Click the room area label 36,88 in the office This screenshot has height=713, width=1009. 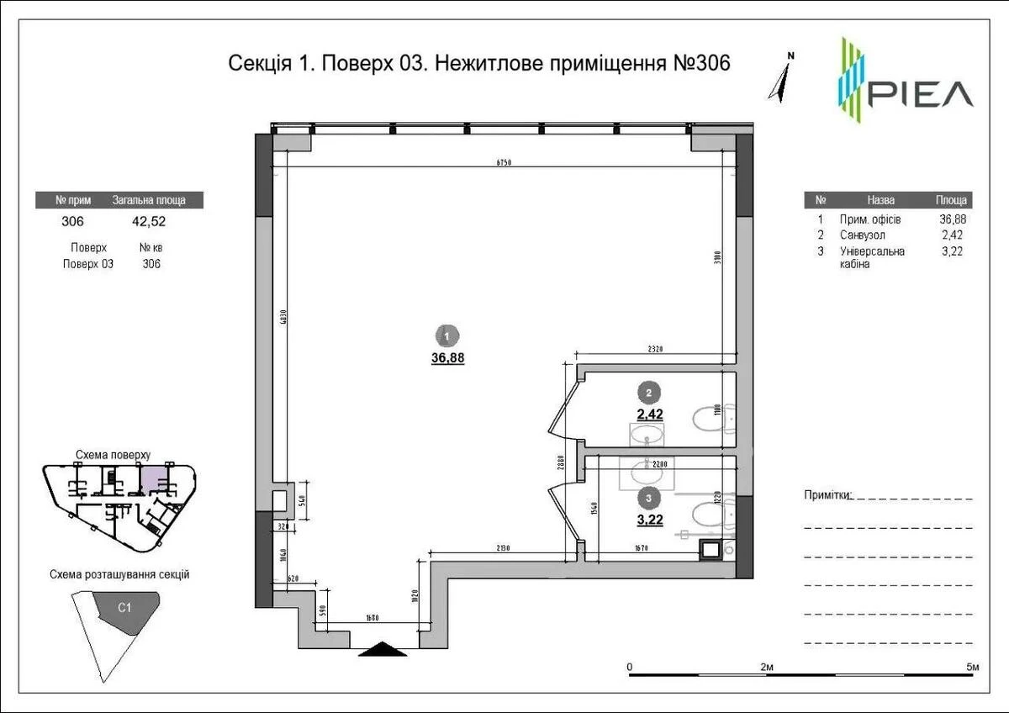[x=447, y=356]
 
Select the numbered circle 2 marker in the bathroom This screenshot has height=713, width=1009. [x=648, y=391]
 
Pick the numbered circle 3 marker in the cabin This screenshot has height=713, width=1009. [x=648, y=496]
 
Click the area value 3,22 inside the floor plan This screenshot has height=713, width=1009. [x=649, y=520]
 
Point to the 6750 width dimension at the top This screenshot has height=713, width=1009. [x=503, y=162]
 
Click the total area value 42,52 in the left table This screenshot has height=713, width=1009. [x=148, y=222]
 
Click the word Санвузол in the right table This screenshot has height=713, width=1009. [x=862, y=235]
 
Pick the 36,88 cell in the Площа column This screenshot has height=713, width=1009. [x=952, y=219]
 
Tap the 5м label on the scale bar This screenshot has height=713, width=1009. [x=972, y=667]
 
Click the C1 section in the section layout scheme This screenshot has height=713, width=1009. [x=124, y=606]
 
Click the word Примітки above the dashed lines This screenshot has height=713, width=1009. [x=827, y=494]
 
